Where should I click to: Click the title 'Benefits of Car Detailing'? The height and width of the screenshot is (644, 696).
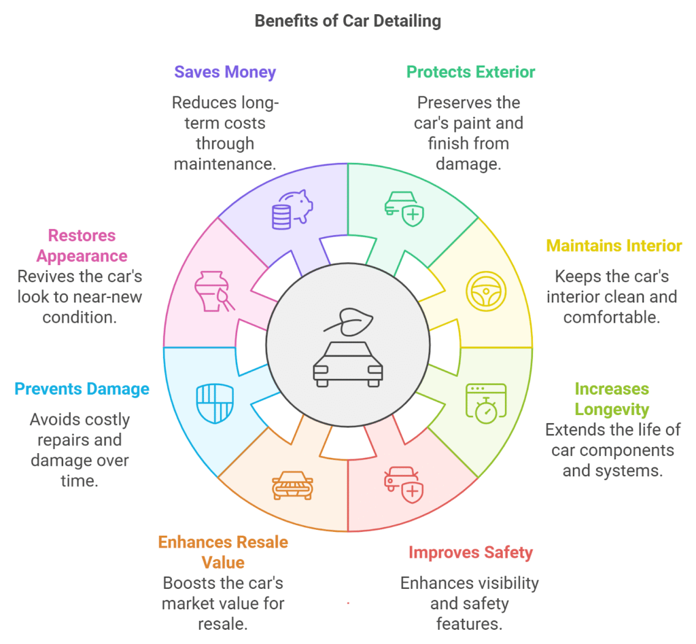point(347,21)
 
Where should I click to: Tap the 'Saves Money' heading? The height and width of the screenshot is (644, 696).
point(225,72)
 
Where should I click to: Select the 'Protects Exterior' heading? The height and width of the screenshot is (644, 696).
point(470,72)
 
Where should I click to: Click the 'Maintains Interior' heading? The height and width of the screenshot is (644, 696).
point(614,246)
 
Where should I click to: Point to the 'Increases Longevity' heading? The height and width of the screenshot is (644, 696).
point(612,399)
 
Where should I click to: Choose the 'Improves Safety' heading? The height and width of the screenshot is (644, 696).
point(470,553)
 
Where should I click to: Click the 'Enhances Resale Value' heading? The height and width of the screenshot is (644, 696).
point(223,552)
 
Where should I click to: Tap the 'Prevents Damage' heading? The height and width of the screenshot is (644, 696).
point(82,389)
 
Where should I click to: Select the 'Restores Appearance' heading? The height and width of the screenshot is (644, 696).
point(82,246)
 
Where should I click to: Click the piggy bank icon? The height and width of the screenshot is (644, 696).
point(292,209)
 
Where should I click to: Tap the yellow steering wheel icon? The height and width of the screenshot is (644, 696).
point(486,291)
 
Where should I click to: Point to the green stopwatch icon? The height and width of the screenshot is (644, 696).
point(486,404)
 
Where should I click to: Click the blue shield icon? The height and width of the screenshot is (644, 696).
point(215,404)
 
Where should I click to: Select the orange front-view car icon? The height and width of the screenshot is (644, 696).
point(292,486)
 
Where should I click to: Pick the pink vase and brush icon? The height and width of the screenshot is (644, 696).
point(214,291)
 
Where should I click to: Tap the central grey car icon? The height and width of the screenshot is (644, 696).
point(348,364)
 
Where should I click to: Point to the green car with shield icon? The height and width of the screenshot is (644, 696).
point(404,209)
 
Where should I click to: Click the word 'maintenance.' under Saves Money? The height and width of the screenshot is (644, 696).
point(225,164)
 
